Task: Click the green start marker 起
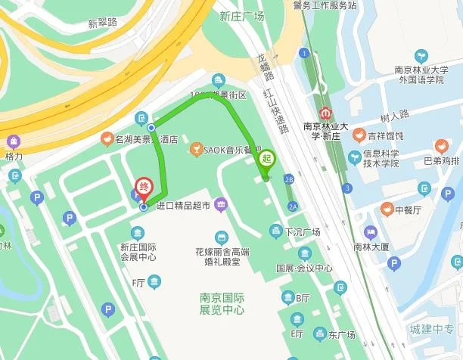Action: pyautogui.click(x=266, y=160)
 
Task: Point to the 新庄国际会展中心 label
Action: pyautogui.click(x=138, y=252)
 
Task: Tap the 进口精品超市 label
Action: pyautogui.click(x=185, y=205)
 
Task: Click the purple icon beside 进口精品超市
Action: pyautogui.click(x=220, y=204)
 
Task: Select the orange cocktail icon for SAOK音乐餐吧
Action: pyautogui.click(x=197, y=148)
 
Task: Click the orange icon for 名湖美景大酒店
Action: pyautogui.click(x=108, y=140)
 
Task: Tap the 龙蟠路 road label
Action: pyautogui.click(x=259, y=68)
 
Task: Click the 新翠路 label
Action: pyautogui.click(x=102, y=23)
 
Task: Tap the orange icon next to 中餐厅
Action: pyautogui.click(x=387, y=209)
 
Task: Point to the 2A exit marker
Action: pyautogui.click(x=292, y=206)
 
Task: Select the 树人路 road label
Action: pyautogui.click(x=394, y=115)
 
